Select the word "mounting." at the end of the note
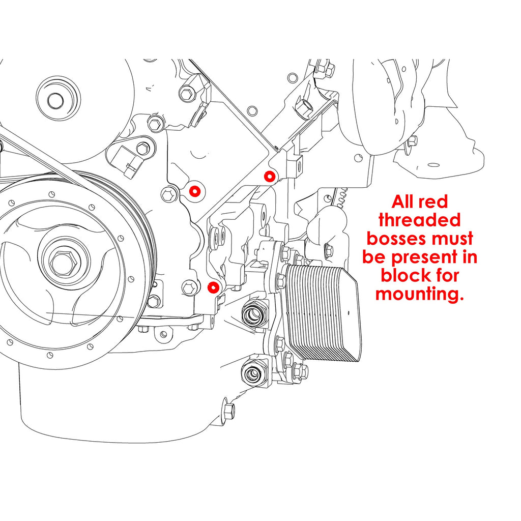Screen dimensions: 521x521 pos(420,294)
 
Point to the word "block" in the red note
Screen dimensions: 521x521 pos(405,275)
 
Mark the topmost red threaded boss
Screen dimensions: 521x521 pos(270,176)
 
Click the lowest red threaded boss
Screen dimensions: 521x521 pos(214,288)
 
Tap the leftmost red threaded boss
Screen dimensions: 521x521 pos(194,191)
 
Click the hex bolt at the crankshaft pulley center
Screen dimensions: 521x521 pos(62,262)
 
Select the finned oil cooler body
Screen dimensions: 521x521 pos(324,313)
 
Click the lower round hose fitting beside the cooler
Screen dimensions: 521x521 pos(253,375)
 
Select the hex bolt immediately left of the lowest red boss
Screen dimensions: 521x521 pos(189,287)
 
